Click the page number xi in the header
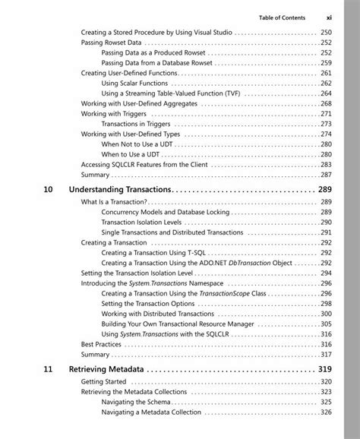(x=329, y=17)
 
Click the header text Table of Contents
(x=282, y=17)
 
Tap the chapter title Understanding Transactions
(x=120, y=188)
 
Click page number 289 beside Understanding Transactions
(x=324, y=188)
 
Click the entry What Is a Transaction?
(x=113, y=202)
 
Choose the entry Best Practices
(x=101, y=344)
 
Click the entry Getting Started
(x=103, y=381)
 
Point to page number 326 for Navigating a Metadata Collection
(x=326, y=412)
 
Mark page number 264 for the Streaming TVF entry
(x=326, y=93)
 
